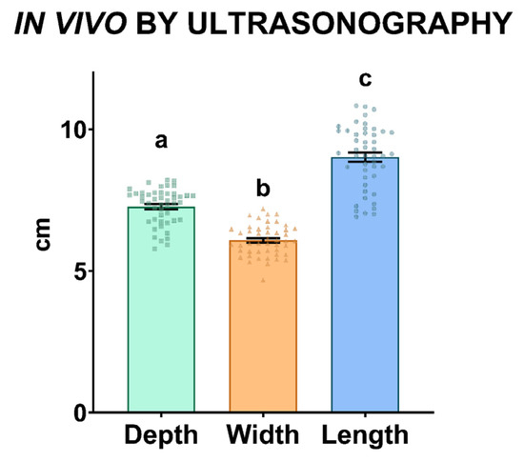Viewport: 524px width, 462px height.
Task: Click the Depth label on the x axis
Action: (x=162, y=436)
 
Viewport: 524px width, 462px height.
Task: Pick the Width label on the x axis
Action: (x=263, y=436)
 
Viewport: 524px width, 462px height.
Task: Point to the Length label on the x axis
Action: (x=365, y=436)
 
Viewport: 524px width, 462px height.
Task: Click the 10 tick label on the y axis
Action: (x=75, y=130)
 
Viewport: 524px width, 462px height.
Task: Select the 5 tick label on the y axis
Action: (x=82, y=271)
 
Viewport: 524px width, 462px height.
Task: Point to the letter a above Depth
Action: (x=161, y=142)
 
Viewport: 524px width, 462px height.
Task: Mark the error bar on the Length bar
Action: (x=364, y=157)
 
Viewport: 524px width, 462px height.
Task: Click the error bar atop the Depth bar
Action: (x=161, y=207)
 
